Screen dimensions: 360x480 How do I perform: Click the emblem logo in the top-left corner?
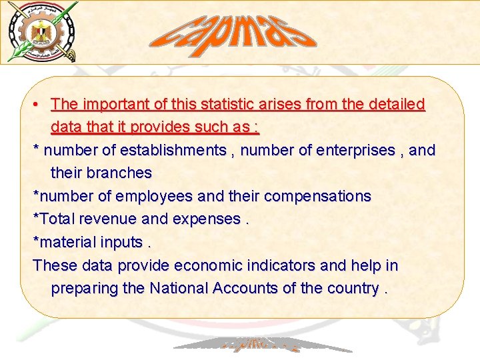click(x=42, y=31)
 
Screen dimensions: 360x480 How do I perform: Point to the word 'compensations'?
click(x=317, y=197)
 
